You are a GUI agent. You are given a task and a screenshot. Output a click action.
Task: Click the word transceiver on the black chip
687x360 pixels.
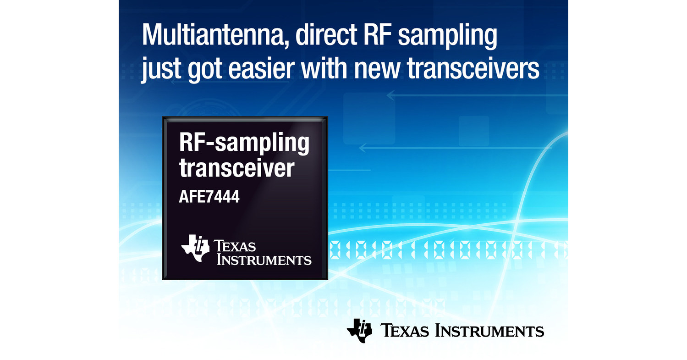tap(236, 168)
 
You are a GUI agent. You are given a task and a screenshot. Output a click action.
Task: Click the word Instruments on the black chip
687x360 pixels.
tap(264, 260)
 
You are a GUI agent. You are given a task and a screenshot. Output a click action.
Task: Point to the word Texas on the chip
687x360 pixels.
tap(236, 246)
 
